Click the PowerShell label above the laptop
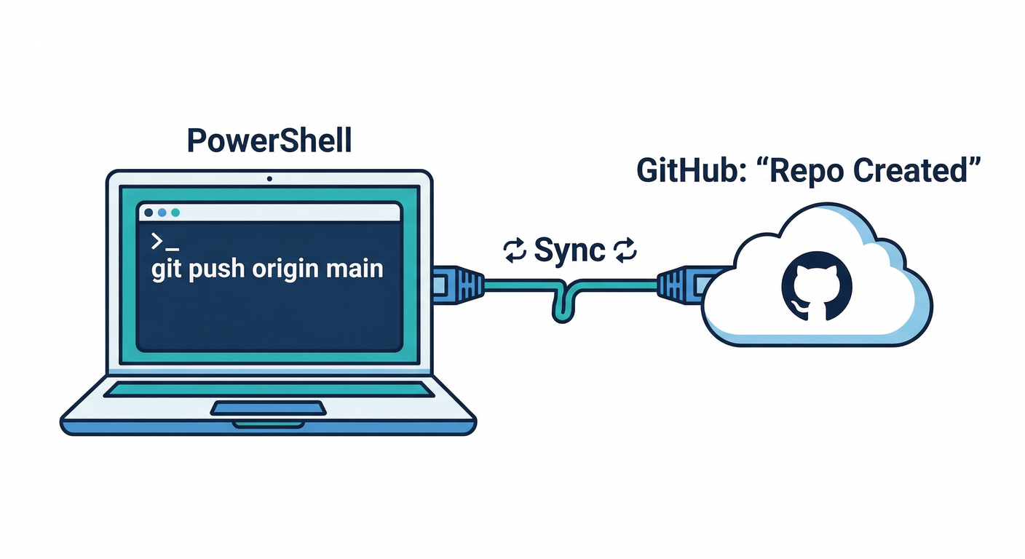[269, 140]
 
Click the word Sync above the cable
[569, 250]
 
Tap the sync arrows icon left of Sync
[515, 251]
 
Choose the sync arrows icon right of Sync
[625, 251]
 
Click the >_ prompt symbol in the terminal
[165, 242]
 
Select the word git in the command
[166, 269]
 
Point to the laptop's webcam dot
[269, 178]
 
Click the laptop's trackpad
[268, 408]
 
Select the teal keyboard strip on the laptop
[268, 391]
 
